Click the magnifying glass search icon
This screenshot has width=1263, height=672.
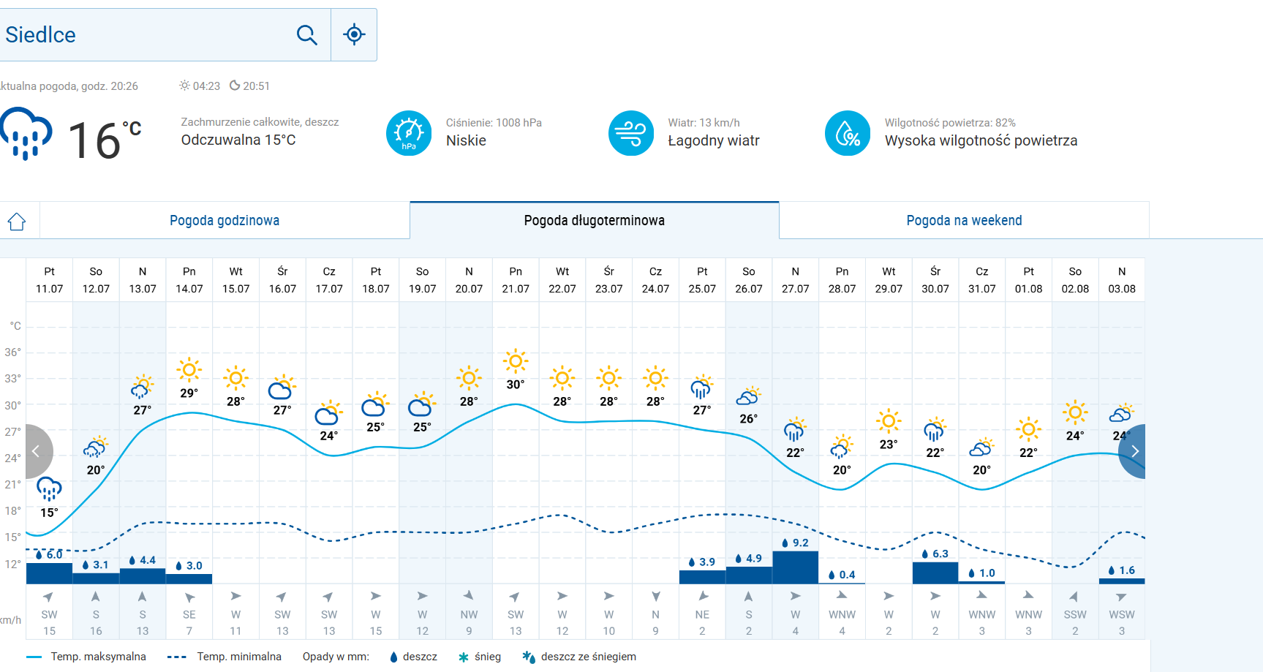[x=306, y=34]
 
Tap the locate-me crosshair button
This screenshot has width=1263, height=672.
[x=354, y=34]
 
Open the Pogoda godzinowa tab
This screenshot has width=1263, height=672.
[x=225, y=220]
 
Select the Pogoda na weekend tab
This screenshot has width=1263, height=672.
[x=964, y=220]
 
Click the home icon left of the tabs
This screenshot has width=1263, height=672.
[x=17, y=222]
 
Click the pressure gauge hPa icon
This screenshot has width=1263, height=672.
[x=409, y=133]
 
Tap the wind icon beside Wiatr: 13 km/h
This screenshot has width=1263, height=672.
[x=630, y=133]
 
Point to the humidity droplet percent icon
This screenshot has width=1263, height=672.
[x=847, y=133]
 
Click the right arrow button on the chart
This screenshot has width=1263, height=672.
[x=1134, y=451]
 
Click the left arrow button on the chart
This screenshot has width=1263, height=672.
[x=36, y=451]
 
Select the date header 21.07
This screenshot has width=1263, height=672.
[x=516, y=280]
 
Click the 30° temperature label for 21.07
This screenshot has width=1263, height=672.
[x=516, y=385]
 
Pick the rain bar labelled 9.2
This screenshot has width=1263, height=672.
[x=795, y=567]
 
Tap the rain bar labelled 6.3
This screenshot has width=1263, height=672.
[x=935, y=573]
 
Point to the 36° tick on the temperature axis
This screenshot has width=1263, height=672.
[x=13, y=352]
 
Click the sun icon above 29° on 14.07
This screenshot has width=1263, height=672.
[x=189, y=370]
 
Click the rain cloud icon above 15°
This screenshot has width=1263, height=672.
[x=49, y=488]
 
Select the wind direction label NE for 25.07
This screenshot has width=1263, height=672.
[x=702, y=614]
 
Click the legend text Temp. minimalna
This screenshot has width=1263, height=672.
[x=239, y=657]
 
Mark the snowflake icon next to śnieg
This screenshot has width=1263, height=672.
[x=463, y=657]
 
